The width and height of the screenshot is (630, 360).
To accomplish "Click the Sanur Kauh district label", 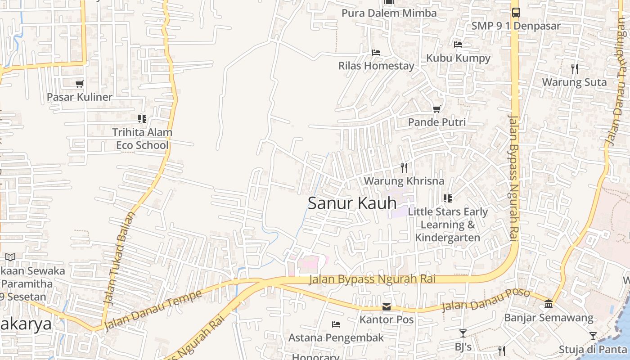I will click(x=352, y=203).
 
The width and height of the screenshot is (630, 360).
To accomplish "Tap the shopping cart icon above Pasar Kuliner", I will click(x=80, y=84).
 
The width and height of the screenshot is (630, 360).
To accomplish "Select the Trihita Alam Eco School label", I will click(x=142, y=139).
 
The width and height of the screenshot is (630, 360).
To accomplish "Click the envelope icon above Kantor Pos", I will click(x=387, y=307).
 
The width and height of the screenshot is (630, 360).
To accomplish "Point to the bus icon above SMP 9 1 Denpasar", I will click(x=516, y=13).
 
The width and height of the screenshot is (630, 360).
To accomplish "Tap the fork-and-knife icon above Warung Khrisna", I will click(x=404, y=168).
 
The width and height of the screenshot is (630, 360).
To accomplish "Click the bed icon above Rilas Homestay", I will click(x=376, y=53).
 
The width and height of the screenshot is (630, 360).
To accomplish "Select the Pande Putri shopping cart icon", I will click(x=436, y=109).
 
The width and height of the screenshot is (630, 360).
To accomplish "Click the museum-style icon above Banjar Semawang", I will click(x=549, y=304).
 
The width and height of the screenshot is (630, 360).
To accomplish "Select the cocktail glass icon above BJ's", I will click(x=463, y=333).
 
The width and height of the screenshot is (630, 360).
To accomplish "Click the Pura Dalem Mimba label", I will click(x=389, y=13).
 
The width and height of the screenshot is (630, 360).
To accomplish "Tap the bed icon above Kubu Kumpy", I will click(x=458, y=45).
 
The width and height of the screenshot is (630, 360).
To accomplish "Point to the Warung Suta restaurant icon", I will click(x=574, y=69).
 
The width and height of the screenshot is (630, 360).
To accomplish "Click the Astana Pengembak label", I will click(x=336, y=337).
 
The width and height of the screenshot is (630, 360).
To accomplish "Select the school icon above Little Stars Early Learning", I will click(x=447, y=198).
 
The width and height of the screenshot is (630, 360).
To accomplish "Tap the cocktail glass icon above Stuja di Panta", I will click(x=593, y=336).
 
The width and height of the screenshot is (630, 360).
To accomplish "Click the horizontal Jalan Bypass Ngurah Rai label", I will click(x=373, y=279).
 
